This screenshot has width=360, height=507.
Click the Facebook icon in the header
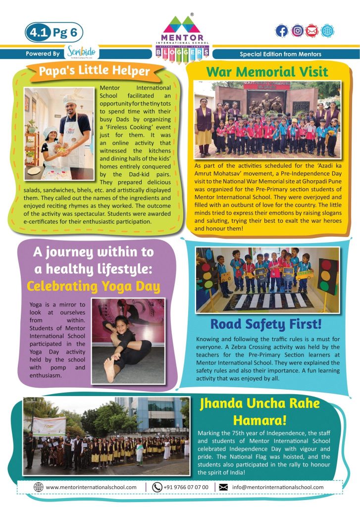point(281,31)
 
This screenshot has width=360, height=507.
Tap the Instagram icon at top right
point(297,31)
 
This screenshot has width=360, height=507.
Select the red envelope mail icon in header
point(311,31)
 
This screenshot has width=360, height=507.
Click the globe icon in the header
point(327,31)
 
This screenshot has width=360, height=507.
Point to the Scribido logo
point(81,52)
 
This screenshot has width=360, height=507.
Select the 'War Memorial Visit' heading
point(267,71)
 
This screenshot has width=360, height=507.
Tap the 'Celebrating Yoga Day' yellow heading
point(93,286)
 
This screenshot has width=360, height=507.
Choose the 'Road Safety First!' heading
point(266,324)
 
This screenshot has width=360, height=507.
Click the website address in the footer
point(91,487)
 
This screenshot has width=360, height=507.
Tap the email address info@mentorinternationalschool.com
point(277,487)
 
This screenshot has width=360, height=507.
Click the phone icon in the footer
point(157,487)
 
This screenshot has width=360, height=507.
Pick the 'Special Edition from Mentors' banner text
point(280,54)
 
